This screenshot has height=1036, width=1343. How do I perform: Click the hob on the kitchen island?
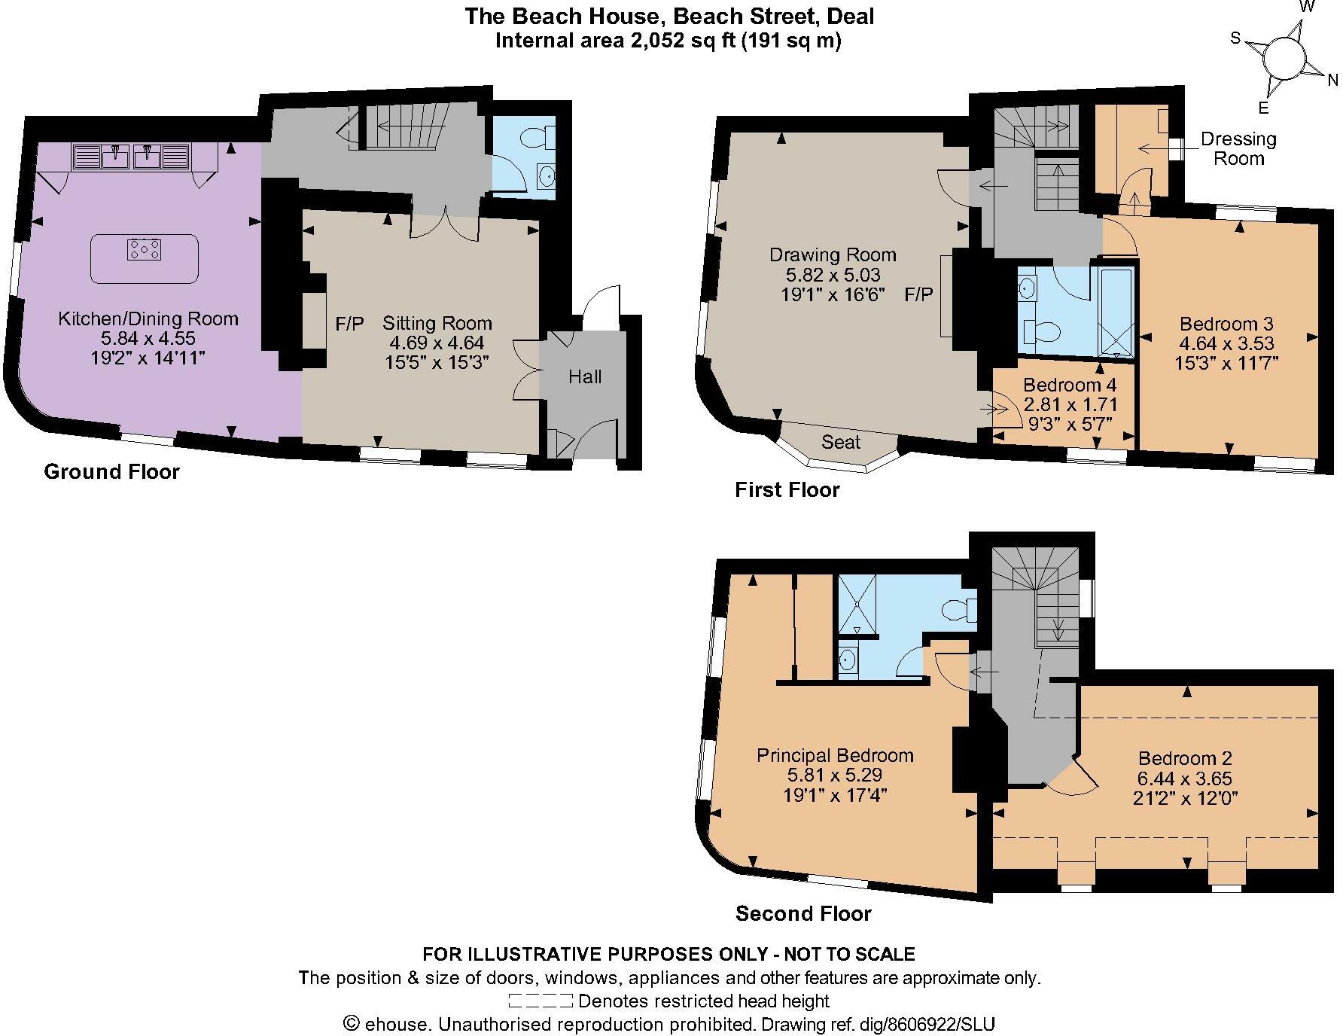point(145,249)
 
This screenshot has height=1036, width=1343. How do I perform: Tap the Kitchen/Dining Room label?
point(148,318)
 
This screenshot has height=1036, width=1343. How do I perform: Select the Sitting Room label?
point(437,323)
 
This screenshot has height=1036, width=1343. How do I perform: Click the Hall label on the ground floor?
point(585,376)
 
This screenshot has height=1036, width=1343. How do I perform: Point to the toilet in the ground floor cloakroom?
point(536,138)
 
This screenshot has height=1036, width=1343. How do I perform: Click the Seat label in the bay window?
point(840,442)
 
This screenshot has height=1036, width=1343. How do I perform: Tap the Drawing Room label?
point(832,254)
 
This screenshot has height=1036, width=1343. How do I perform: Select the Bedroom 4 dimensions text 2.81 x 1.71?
point(1070,404)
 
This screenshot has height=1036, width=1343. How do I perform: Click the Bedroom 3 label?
point(1226,324)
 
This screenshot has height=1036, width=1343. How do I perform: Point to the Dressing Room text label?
point(1238,148)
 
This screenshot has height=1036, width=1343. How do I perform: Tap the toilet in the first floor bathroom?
point(1042,331)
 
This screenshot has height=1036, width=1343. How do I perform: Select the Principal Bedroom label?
point(835,755)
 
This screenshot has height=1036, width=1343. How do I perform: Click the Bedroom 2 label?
point(1185,758)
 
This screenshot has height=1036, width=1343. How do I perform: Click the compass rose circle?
point(1284,58)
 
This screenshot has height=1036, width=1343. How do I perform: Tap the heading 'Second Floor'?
point(802,913)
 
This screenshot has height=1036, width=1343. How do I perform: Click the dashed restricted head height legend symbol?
point(540,1001)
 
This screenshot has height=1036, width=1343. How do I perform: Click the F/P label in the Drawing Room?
point(918,294)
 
